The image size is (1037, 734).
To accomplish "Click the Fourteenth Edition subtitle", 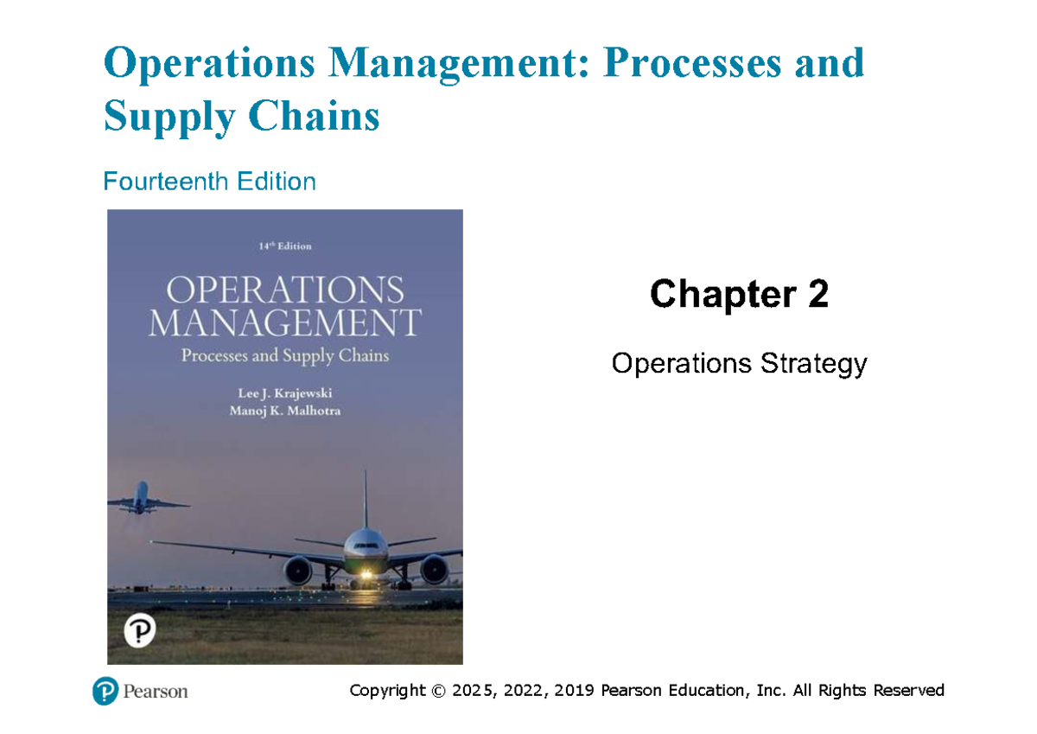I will click(x=209, y=182).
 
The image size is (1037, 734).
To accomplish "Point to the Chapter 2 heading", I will click(x=739, y=295).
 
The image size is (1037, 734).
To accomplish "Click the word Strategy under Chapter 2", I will click(x=812, y=364).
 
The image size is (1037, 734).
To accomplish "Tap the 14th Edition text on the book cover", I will click(x=284, y=246).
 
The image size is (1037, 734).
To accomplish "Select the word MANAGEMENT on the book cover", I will click(x=284, y=323).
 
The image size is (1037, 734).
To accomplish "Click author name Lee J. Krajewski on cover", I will click(x=284, y=393).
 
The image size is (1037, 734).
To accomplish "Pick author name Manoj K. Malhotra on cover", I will click(x=284, y=411).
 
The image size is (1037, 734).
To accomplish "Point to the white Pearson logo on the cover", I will click(x=139, y=631).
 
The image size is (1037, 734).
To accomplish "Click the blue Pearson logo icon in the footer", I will click(x=105, y=692).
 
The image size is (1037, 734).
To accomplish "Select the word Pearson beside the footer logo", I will click(x=156, y=692).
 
